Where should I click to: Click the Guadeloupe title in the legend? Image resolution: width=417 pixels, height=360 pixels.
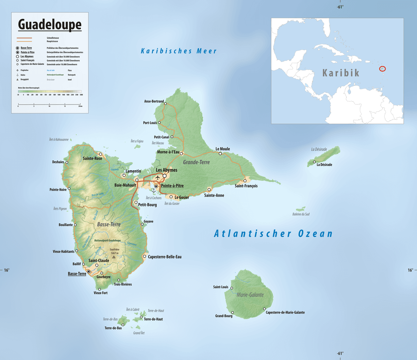pyautogui.click(x=49, y=24)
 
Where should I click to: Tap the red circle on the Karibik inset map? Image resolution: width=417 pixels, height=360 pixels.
pyautogui.click(x=382, y=69)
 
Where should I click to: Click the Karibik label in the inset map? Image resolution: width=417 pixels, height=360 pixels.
pyautogui.click(x=341, y=73)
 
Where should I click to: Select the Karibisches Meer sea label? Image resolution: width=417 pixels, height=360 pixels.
pyautogui.click(x=179, y=51)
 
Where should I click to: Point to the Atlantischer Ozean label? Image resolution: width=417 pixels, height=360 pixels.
pyautogui.click(x=273, y=233)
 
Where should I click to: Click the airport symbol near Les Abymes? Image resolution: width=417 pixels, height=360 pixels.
pyautogui.click(x=158, y=178)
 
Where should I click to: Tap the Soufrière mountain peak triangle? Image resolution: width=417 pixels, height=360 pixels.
pyautogui.click(x=113, y=257)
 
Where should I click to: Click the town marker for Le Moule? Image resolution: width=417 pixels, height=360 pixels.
pyautogui.click(x=220, y=153)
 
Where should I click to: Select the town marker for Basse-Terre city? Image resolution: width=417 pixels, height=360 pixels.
pyautogui.click(x=89, y=271)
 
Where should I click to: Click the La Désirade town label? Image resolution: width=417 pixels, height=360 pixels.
pyautogui.click(x=324, y=165)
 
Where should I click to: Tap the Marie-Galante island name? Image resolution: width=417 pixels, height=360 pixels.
pyautogui.click(x=250, y=295)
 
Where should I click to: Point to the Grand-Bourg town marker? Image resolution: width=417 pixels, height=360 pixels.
pyautogui.click(x=232, y=312)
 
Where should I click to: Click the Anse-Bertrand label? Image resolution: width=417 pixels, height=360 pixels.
pyautogui.click(x=154, y=101)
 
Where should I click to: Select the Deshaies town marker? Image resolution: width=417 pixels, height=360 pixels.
pyautogui.click(x=67, y=162)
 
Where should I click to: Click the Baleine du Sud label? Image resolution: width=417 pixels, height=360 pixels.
pyautogui.click(x=301, y=214)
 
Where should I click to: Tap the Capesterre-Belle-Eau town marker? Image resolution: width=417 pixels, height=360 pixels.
pyautogui.click(x=144, y=256)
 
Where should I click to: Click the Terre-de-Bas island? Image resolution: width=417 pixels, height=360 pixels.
pyautogui.click(x=123, y=321)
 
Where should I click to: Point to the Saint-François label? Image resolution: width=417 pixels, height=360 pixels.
pyautogui.click(x=246, y=186)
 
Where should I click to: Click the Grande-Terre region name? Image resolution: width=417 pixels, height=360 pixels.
pyautogui.click(x=196, y=162)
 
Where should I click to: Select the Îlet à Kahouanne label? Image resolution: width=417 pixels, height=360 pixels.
pyautogui.click(x=59, y=140)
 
